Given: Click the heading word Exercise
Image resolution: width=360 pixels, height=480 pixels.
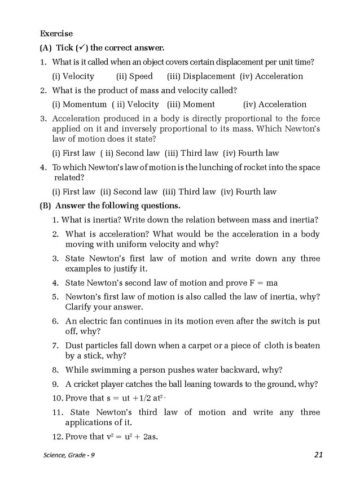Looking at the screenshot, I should pos(56,34).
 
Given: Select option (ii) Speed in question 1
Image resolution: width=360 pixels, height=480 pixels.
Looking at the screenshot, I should pos(134,76).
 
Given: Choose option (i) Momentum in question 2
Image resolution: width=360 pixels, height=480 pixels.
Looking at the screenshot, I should pos(80,104).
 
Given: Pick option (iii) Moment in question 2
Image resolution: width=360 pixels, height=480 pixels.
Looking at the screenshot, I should pos(191,104).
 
